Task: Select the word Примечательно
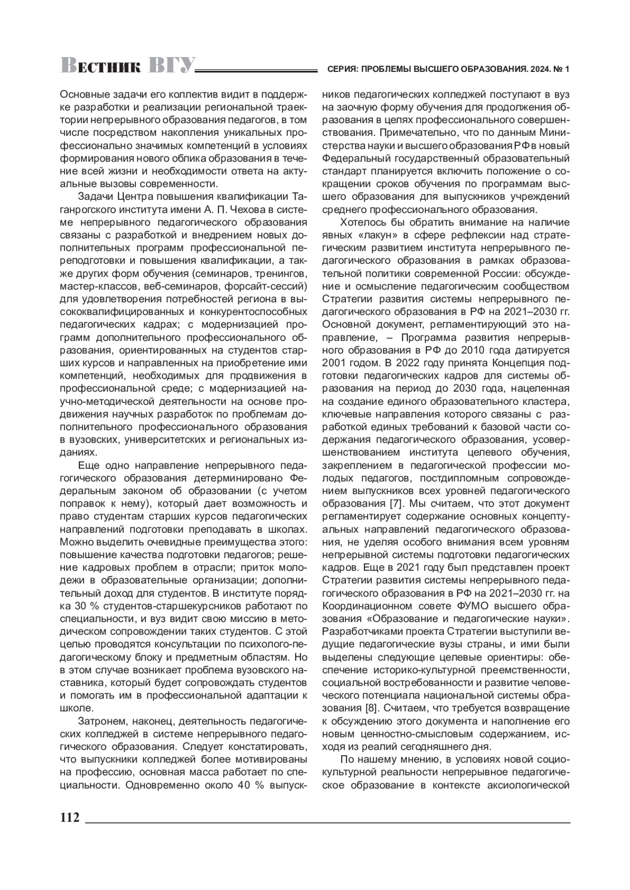(414, 132)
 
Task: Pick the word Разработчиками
(367, 631)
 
